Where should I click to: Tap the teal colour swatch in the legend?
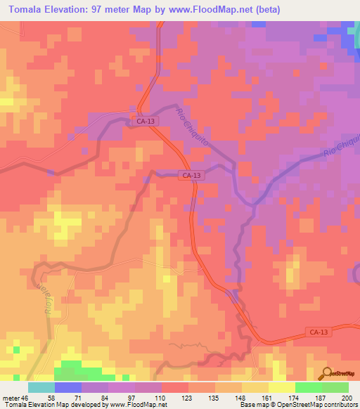(41, 387)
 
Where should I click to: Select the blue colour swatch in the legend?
(67, 387)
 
